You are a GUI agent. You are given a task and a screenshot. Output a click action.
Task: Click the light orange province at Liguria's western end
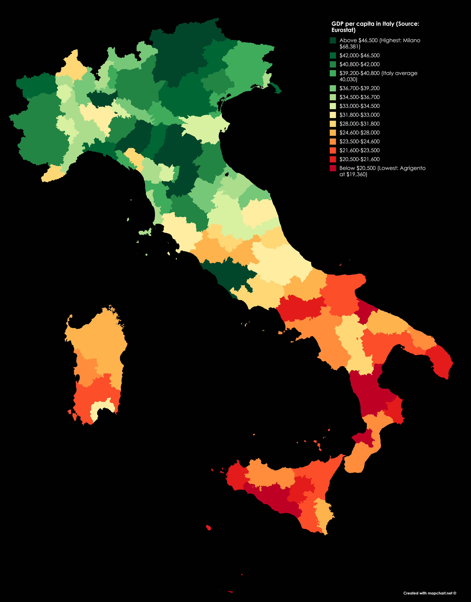[x=52, y=174]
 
